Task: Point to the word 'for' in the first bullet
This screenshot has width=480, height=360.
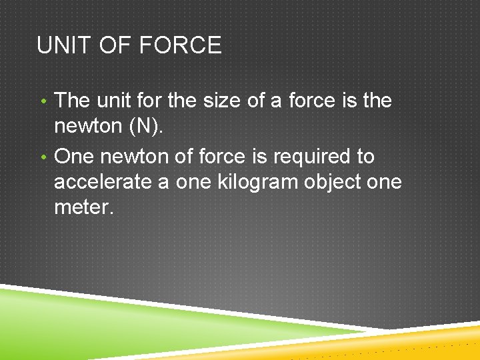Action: (x=151, y=101)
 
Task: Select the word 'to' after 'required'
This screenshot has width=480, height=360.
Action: (x=365, y=157)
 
